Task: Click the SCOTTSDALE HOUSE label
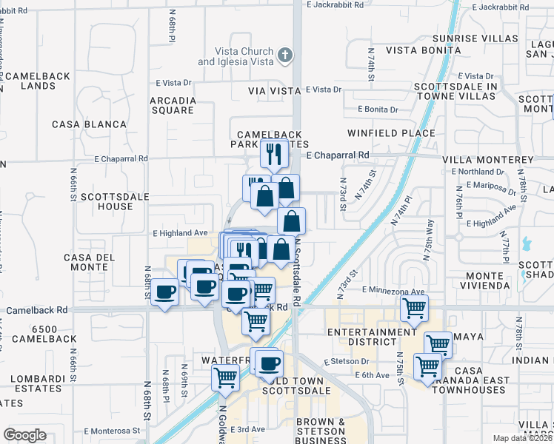(106, 201)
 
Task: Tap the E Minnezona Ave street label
(393, 292)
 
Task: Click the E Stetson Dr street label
(346, 362)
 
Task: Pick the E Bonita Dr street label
(377, 110)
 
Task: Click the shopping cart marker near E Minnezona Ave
(414, 307)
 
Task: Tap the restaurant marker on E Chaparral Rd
(274, 154)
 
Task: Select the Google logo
(24, 435)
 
